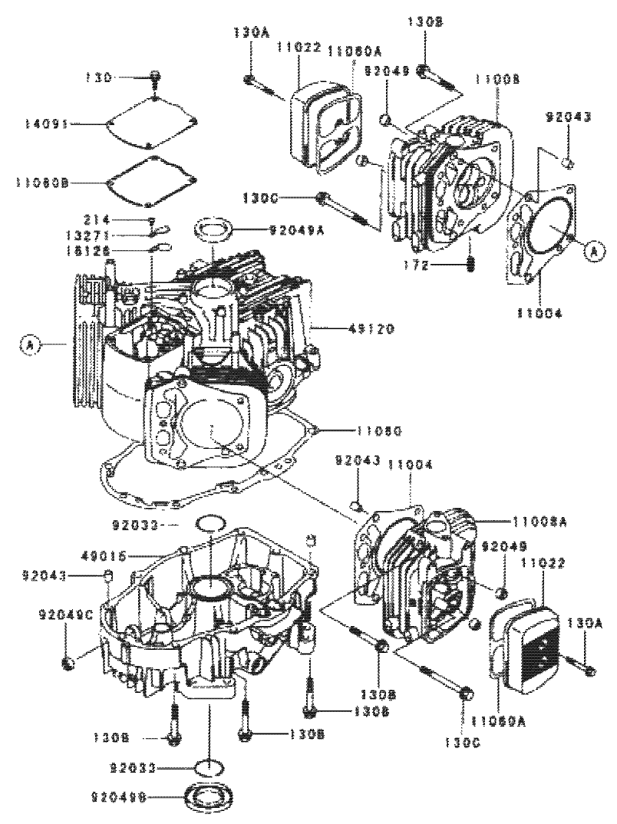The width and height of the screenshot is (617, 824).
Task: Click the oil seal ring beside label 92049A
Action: pos(214,228)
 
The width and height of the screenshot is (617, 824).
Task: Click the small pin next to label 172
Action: pos(470,263)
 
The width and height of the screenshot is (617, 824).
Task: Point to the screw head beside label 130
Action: pos(156,77)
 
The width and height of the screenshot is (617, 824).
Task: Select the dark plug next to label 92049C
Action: pos(68,661)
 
